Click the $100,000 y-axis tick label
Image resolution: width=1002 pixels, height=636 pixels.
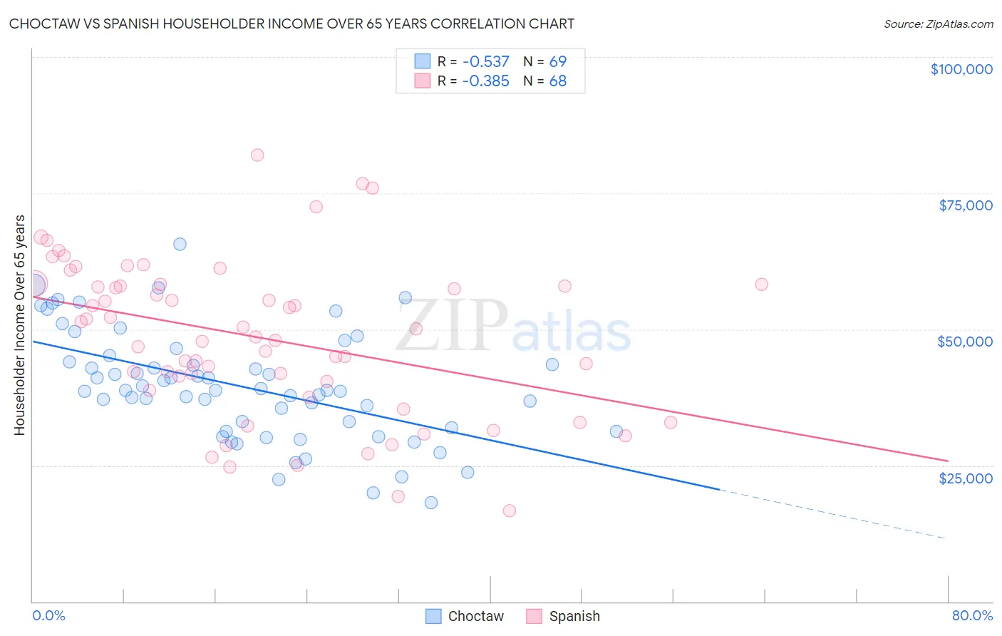961,69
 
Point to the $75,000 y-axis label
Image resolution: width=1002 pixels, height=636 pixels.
965,205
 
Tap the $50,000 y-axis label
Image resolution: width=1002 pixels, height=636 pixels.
965,342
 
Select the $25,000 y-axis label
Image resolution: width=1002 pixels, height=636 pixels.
965,478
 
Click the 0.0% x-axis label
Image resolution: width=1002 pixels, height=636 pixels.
48,616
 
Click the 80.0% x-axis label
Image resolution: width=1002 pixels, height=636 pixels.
972,616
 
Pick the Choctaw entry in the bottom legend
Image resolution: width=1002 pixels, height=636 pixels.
475,616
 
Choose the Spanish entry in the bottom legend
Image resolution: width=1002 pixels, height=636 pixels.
574,616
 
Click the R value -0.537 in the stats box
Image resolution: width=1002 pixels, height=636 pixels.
485,61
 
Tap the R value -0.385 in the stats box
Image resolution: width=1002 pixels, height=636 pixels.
485,81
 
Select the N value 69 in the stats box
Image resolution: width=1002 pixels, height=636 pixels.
558,61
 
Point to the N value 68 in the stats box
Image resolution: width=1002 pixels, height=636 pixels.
558,81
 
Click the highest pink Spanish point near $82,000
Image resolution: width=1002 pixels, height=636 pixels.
257,155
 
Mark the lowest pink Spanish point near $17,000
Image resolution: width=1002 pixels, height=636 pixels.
509,511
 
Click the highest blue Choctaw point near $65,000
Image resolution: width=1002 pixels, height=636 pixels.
180,244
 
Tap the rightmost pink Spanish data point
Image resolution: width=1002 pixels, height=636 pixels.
761,284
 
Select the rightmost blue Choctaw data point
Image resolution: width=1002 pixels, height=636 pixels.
616,431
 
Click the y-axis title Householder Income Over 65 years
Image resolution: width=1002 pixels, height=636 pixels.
19,325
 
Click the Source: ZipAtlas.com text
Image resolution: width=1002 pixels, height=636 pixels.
938,24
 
